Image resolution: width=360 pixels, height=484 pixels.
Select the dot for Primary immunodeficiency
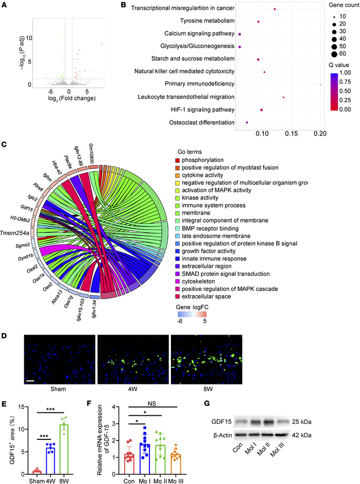point(320,84)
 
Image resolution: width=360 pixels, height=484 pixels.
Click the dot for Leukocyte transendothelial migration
point(283,97)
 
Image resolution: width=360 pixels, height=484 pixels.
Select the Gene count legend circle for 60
point(334,54)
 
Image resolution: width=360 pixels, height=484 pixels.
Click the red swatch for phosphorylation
point(178,161)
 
